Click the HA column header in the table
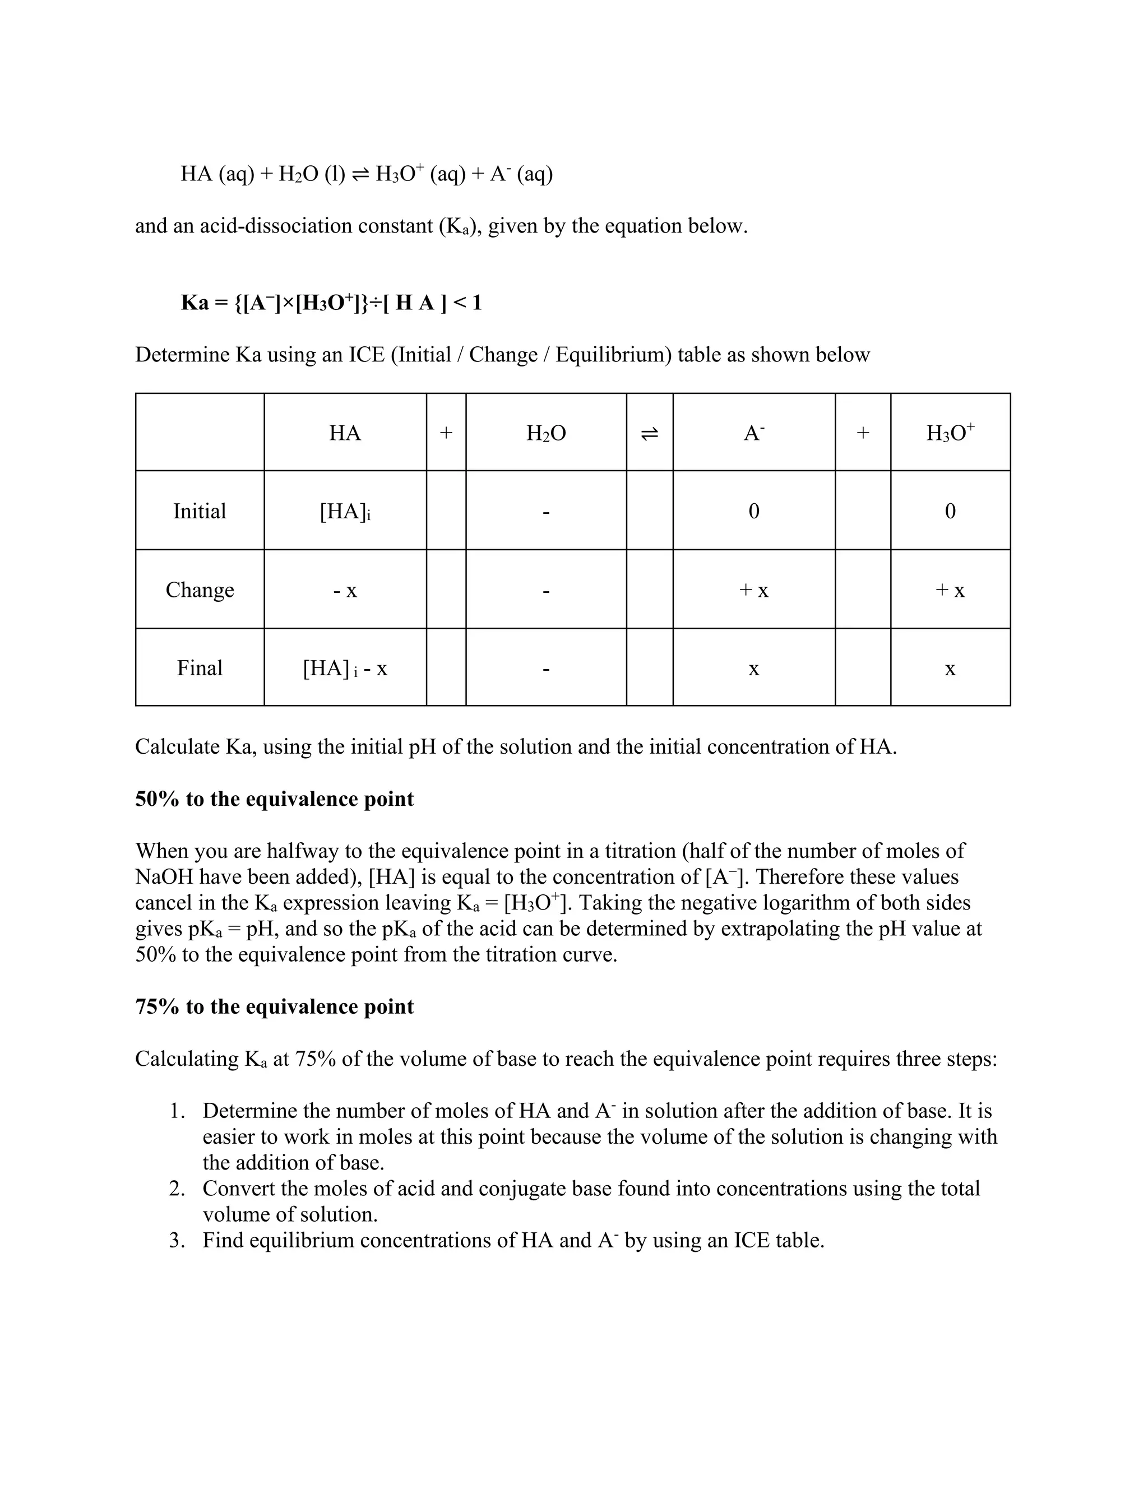(345, 433)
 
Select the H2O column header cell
(545, 433)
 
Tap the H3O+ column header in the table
(950, 433)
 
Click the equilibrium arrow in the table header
(650, 433)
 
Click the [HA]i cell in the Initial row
(345, 511)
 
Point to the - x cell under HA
(345, 590)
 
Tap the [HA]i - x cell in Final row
(345, 669)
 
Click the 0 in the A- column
(753, 511)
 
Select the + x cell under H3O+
(950, 590)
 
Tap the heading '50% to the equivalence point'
(274, 799)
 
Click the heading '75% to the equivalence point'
(274, 1007)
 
